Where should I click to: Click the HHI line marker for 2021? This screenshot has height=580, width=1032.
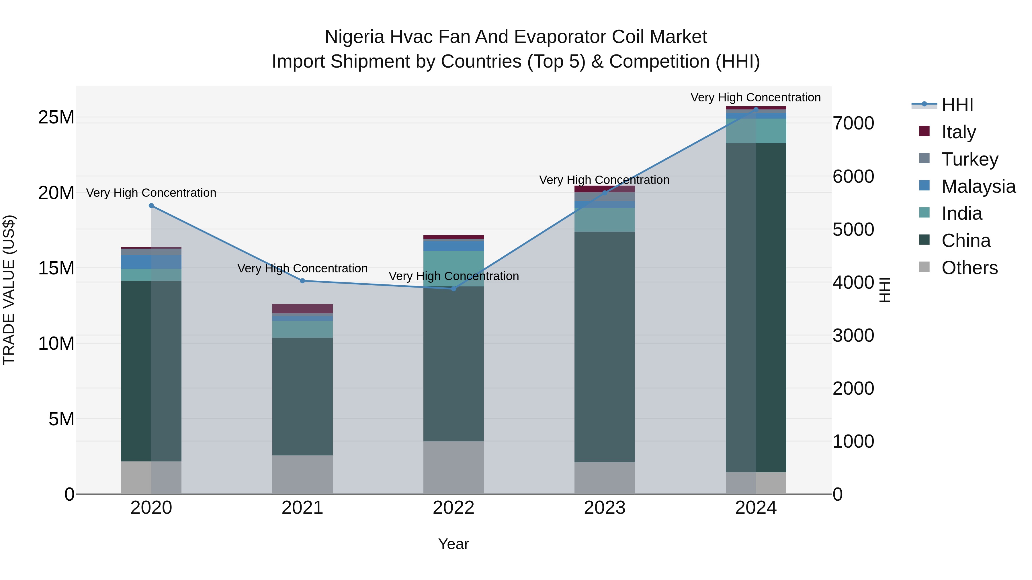[302, 281]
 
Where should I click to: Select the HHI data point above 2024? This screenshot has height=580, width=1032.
[756, 109]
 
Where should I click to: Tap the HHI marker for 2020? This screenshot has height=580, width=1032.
[151, 206]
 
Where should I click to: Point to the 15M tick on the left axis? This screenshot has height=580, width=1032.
[56, 268]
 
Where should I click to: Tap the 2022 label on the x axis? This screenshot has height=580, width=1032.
[454, 508]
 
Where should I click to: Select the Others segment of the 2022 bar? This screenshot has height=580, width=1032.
[454, 467]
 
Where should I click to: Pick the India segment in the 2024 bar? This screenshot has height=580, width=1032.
[756, 131]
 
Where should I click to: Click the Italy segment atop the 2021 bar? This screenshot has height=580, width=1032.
[302, 308]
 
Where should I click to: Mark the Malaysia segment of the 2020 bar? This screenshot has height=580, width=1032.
[151, 262]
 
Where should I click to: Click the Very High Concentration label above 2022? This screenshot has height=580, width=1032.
[454, 276]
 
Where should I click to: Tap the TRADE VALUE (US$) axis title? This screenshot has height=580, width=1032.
[9, 290]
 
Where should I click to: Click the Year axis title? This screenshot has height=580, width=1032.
[454, 544]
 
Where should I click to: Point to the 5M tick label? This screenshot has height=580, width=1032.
[61, 419]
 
